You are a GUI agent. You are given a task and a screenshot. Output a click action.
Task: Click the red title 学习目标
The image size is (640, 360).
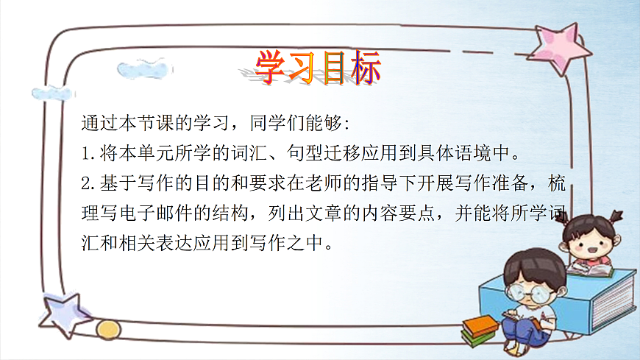click(319, 68)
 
